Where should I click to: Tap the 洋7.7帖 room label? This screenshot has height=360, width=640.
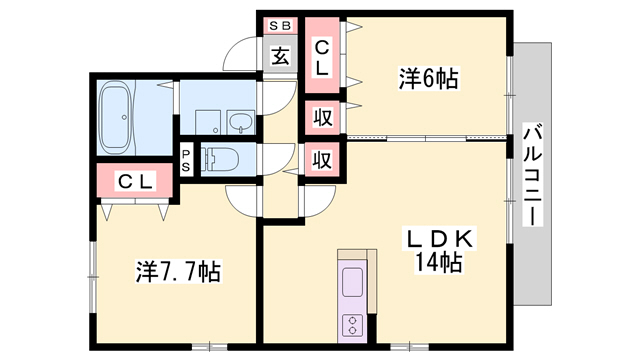pos(178,270)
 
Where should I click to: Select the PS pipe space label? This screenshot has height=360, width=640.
pos(187,160)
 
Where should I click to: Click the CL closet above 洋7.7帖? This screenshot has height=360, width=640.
pos(135,182)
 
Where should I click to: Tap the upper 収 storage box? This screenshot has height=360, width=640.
pos(322,118)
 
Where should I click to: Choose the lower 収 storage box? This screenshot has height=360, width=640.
pos(322,158)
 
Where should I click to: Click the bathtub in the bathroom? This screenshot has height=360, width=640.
pos(118,117)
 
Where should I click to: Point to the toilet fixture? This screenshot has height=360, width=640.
pos(221,158)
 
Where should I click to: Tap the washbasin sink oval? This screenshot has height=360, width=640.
pos(240,121)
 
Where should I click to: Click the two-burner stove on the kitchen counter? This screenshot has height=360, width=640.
pos(355,323)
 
